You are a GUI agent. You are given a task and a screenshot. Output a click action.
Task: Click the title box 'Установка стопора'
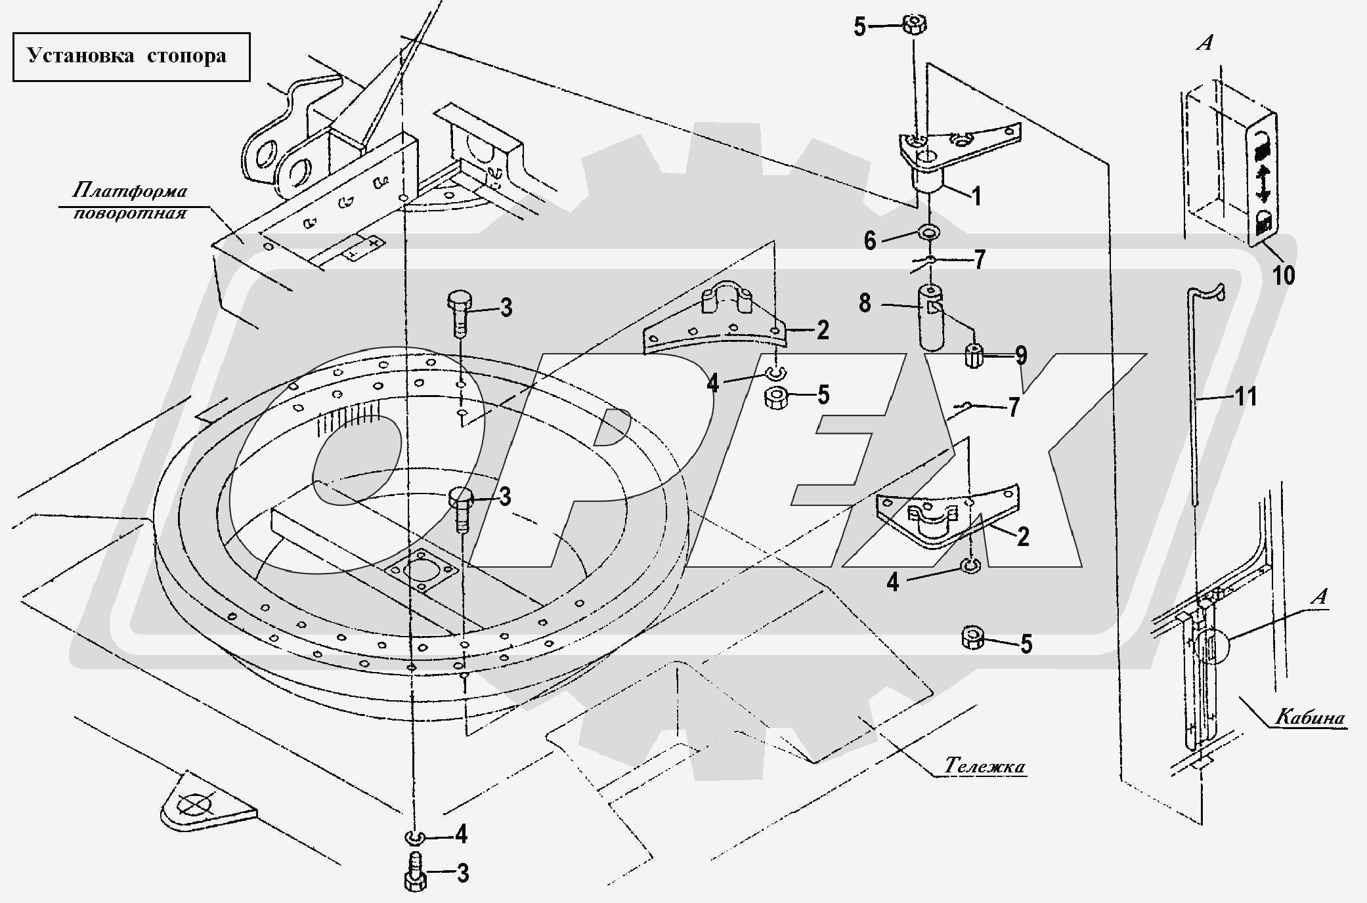coord(131,56)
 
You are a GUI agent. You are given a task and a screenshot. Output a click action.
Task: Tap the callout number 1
coord(976,196)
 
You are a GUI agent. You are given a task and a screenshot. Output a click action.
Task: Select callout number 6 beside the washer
coord(870,241)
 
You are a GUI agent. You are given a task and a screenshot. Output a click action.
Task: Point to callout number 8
coord(865,303)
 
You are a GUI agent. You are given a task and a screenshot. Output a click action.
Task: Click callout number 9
coord(1021,356)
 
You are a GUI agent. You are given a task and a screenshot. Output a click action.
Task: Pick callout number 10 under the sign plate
coord(1284,274)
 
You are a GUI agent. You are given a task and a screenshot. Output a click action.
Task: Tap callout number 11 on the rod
coord(1246,396)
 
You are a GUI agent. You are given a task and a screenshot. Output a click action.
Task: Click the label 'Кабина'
coord(1310,717)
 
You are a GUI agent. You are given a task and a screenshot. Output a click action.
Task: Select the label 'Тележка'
coord(985,766)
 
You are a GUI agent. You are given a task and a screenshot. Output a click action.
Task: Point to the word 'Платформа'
coord(129,191)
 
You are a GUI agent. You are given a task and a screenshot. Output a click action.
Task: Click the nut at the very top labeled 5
coord(915,26)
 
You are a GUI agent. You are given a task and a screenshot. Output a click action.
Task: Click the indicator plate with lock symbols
coord(1261,188)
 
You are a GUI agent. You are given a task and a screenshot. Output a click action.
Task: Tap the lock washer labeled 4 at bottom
coord(414,837)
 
